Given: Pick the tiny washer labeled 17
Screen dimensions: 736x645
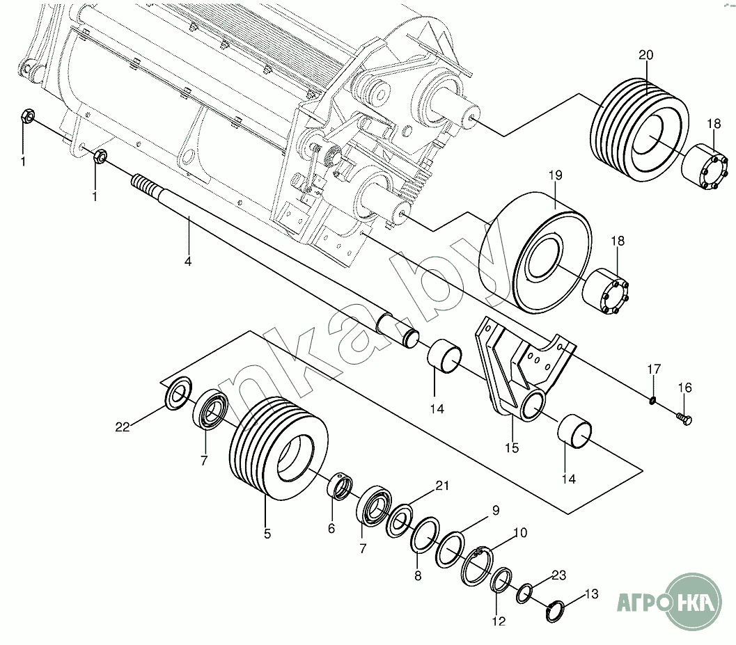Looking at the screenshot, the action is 652,399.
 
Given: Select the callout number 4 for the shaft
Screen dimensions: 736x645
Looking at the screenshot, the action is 187,262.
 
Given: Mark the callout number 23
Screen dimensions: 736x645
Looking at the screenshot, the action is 558,575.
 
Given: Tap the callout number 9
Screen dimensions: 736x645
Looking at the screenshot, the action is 495,510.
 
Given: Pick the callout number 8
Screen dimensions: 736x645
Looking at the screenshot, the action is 418,575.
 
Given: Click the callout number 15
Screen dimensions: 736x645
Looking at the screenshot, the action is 512,448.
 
